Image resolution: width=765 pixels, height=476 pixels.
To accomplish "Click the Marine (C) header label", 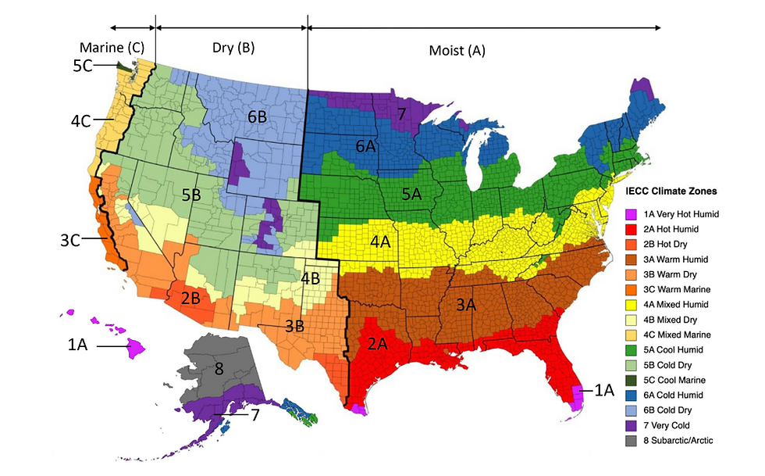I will (112, 47).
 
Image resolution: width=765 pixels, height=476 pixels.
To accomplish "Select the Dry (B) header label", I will (233, 47).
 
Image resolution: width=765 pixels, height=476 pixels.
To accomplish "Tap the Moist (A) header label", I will (457, 51).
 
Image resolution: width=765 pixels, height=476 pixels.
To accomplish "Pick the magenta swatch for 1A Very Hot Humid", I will (632, 213).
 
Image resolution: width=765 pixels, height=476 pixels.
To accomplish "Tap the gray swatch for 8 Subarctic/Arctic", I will (632, 441).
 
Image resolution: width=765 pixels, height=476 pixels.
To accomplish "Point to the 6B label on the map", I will (258, 116).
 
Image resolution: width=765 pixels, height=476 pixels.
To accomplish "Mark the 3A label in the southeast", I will (466, 306).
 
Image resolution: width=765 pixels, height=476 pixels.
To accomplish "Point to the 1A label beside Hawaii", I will (77, 345).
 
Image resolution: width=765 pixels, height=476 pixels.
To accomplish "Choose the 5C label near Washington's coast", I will (84, 66).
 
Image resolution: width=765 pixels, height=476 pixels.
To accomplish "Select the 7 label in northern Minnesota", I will (401, 114).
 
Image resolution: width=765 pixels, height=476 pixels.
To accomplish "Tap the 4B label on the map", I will (310, 277).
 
